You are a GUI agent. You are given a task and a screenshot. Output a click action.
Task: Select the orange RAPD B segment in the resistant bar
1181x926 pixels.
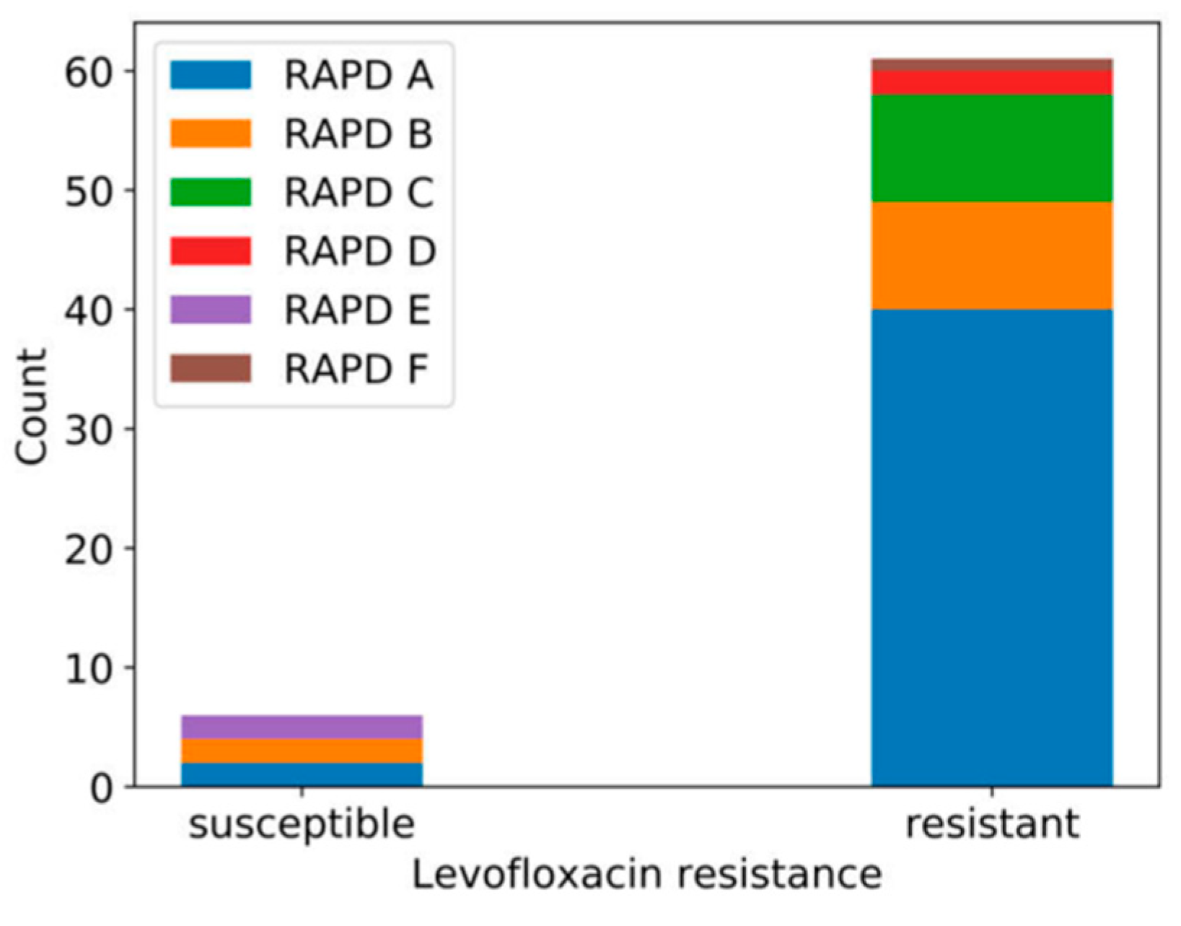tap(991, 255)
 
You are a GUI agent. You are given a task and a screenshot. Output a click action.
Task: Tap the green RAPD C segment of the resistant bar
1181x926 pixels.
tap(991, 148)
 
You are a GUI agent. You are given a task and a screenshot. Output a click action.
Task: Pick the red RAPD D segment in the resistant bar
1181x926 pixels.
tap(991, 83)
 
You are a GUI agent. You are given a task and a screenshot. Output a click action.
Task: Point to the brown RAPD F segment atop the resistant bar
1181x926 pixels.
tap(991, 65)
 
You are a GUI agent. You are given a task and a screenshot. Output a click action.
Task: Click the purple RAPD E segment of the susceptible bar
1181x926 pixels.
tap(302, 727)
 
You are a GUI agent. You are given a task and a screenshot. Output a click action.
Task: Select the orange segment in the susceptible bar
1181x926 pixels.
tap(302, 751)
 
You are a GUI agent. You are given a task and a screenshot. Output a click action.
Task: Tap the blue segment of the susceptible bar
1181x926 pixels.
tap(302, 774)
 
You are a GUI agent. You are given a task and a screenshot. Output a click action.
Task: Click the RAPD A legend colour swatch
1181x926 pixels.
tap(210, 75)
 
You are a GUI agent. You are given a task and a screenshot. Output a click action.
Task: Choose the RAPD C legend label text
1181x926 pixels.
tap(359, 193)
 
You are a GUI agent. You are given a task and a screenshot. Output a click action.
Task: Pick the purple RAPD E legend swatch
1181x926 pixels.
tap(210, 310)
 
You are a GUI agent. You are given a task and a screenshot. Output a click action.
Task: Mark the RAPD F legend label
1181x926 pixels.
tap(356, 370)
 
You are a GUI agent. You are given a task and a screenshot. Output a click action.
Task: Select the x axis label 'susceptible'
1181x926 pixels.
tap(302, 824)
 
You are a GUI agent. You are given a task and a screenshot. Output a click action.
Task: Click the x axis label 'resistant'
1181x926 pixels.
tap(991, 823)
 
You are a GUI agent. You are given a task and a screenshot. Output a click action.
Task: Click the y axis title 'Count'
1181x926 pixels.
tap(32, 407)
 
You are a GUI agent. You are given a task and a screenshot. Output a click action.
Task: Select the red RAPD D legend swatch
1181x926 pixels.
tap(210, 251)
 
